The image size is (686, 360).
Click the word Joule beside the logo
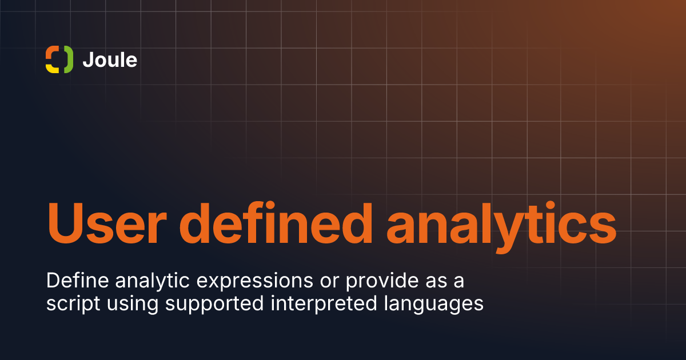coord(110,59)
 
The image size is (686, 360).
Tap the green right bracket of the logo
coord(68,59)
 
